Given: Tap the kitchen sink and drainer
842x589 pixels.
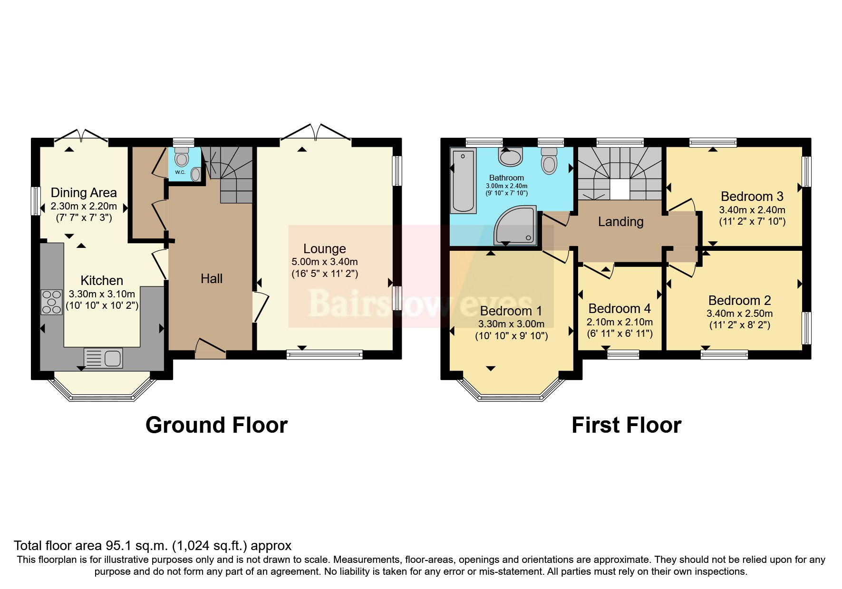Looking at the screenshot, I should [103, 358].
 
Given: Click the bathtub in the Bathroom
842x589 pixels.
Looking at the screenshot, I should [463, 180].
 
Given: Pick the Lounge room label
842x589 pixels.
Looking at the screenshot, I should [324, 248].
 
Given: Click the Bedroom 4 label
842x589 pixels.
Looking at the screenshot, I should [619, 309].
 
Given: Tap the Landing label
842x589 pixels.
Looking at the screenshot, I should [620, 221].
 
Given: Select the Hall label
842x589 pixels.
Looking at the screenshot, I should [211, 278].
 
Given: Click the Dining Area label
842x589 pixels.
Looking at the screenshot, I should [84, 193].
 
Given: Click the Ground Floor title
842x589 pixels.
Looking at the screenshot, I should [216, 425].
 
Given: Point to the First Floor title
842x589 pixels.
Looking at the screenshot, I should [626, 425].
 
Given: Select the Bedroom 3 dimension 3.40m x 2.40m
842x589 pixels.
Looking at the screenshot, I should [752, 209].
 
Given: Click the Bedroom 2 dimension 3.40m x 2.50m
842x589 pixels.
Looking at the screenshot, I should [739, 313].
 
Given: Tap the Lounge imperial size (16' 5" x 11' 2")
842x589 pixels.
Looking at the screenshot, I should [324, 274].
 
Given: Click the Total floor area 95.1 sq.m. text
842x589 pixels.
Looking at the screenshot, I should [152, 545].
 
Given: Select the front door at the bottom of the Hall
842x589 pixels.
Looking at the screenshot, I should [210, 351].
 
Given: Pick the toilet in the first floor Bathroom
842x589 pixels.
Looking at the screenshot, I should [549, 160].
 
